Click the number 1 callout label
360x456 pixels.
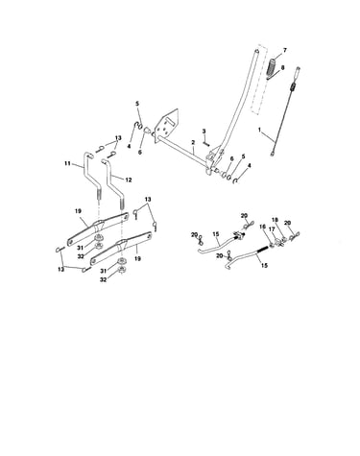pos(259,130)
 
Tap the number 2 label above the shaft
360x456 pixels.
pos(193,142)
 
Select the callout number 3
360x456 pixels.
pos(204,132)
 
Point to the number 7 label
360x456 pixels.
pos(285,50)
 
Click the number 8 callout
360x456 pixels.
pos(282,67)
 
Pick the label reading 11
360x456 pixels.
pos(67,163)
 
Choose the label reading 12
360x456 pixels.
pos(129,180)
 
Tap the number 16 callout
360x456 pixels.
pos(262,227)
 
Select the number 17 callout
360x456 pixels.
pos(272,229)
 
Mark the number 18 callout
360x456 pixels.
pos(276,220)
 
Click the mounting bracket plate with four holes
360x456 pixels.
pos(166,126)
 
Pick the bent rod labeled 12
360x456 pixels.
pos(114,183)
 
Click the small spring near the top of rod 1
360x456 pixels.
pos(293,86)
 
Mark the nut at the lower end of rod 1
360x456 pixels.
pos(273,154)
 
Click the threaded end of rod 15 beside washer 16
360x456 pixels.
pos(263,249)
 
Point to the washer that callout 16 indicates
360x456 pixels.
pos(271,245)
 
